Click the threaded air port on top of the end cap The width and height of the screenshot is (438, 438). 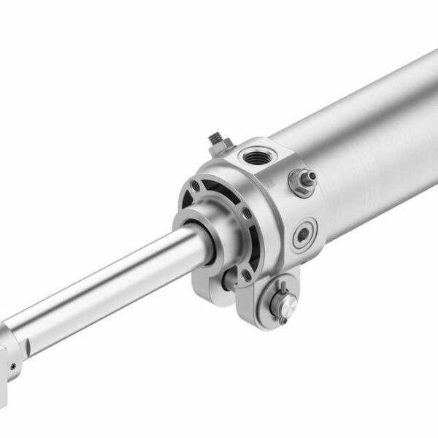tap(255, 156)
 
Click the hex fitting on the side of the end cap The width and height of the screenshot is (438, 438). tap(302, 180)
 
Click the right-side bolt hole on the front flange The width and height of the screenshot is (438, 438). tap(247, 213)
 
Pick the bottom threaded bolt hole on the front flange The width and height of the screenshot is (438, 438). tap(246, 274)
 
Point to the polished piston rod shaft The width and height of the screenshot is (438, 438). tap(109, 285)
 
